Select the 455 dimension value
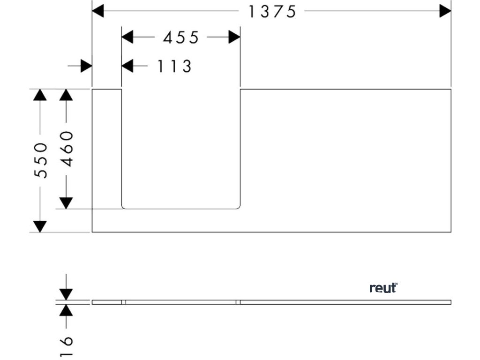[x=181, y=37]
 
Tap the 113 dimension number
[x=174, y=67]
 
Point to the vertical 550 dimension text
[x=41, y=160]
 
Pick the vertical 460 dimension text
[x=67, y=149]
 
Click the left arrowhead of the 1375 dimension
[x=98, y=11]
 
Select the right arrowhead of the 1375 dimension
[x=445, y=11]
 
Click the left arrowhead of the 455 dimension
[x=127, y=37]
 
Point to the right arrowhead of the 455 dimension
[x=234, y=37]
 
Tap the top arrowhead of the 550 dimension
[x=40, y=95]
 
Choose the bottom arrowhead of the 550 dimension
[x=40, y=226]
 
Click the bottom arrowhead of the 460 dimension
[x=66, y=203]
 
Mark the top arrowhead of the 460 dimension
[x=66, y=95]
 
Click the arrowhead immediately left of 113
[x=127, y=66]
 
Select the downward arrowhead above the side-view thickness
[x=66, y=294]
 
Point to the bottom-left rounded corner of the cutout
[x=123, y=207]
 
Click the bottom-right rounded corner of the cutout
[x=239, y=207]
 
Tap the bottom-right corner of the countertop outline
[x=450, y=232]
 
